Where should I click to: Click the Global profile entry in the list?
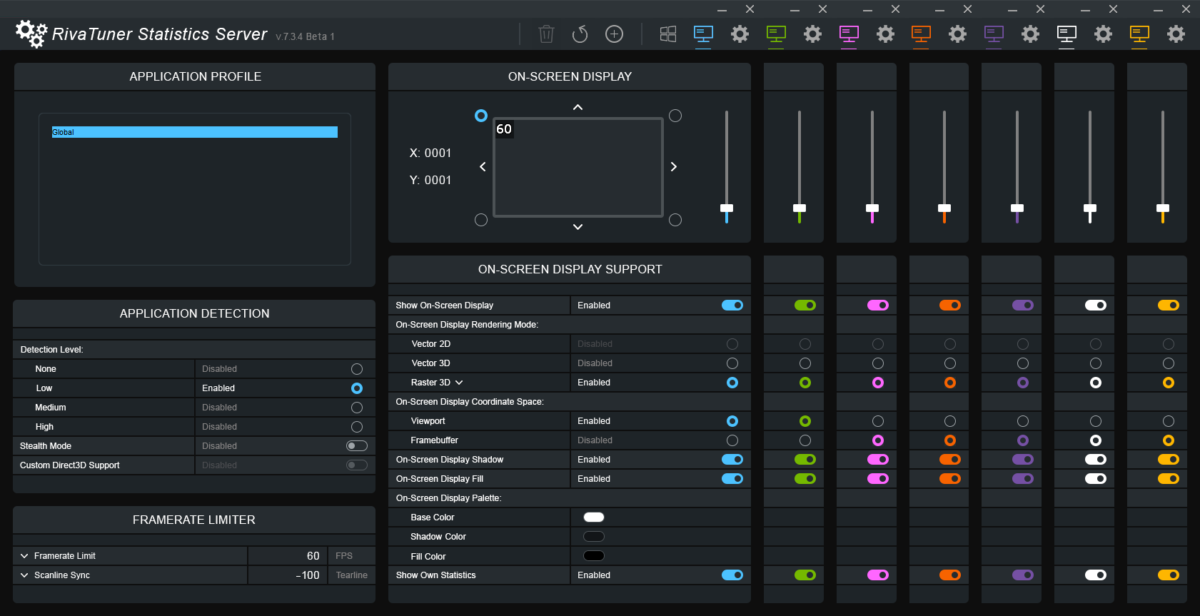pyautogui.click(x=194, y=132)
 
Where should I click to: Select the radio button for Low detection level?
pyautogui.click(x=357, y=388)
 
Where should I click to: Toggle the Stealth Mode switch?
pyautogui.click(x=357, y=446)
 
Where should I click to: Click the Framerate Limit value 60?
pyautogui.click(x=313, y=556)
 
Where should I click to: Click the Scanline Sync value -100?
pyautogui.click(x=308, y=575)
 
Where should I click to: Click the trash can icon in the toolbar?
pyautogui.click(x=546, y=34)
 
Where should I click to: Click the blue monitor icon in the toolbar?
pyautogui.click(x=703, y=34)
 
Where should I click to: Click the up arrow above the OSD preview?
pyautogui.click(x=578, y=107)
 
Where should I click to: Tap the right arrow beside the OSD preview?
pyautogui.click(x=673, y=167)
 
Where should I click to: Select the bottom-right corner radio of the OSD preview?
pyautogui.click(x=675, y=220)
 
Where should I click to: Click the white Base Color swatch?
pyautogui.click(x=594, y=517)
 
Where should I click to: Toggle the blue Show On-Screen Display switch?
pyautogui.click(x=732, y=306)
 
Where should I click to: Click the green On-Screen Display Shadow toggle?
pyautogui.click(x=805, y=460)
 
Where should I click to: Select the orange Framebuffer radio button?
pyautogui.click(x=950, y=440)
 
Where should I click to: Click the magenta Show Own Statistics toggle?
pyautogui.click(x=878, y=575)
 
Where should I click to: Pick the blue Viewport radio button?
pyautogui.click(x=732, y=421)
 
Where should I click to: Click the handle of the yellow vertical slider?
pyautogui.click(x=1163, y=208)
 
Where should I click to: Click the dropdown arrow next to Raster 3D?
pyautogui.click(x=459, y=383)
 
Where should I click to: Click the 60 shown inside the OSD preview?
pyautogui.click(x=504, y=129)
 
